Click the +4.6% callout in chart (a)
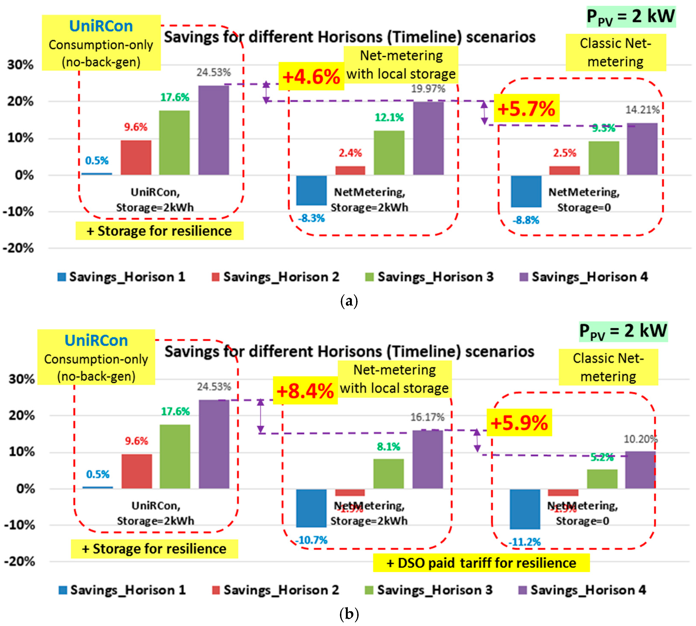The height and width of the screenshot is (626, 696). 311,76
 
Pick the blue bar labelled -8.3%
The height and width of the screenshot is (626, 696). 311,190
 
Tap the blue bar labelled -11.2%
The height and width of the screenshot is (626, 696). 525,509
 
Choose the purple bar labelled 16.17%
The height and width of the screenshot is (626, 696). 427,459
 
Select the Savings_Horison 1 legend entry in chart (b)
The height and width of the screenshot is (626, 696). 122,590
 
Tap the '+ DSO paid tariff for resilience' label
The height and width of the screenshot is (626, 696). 481,563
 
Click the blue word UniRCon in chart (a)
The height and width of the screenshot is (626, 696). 101,26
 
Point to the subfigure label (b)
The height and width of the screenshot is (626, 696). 349,613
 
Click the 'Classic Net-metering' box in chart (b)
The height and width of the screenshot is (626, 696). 608,367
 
